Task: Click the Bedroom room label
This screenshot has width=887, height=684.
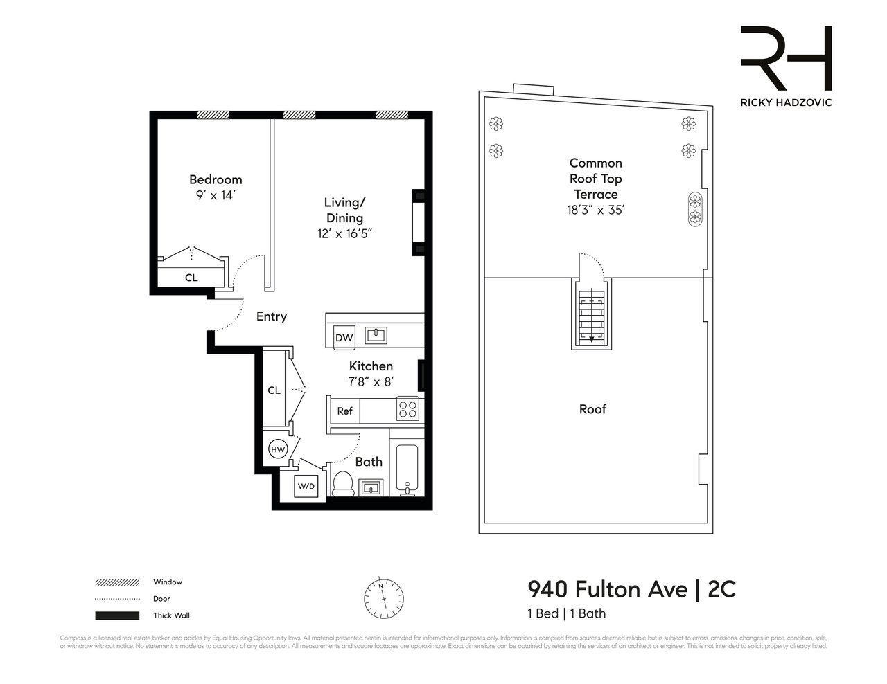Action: (x=216, y=180)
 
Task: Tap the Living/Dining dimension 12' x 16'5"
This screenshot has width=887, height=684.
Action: (x=345, y=234)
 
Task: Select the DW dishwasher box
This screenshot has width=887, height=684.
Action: (x=344, y=338)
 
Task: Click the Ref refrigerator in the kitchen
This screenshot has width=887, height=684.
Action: (x=344, y=411)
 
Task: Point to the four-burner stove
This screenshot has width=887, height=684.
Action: (x=407, y=410)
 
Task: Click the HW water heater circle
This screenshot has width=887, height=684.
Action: (x=278, y=449)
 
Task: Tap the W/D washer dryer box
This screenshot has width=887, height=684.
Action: (x=306, y=486)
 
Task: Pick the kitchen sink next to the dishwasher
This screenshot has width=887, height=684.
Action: (x=376, y=336)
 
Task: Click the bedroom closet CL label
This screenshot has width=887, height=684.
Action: (x=191, y=278)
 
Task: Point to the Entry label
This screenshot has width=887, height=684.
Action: (x=272, y=316)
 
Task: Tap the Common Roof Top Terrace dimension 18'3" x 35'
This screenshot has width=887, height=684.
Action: (x=595, y=210)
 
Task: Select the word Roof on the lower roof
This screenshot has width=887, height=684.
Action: (x=592, y=409)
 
